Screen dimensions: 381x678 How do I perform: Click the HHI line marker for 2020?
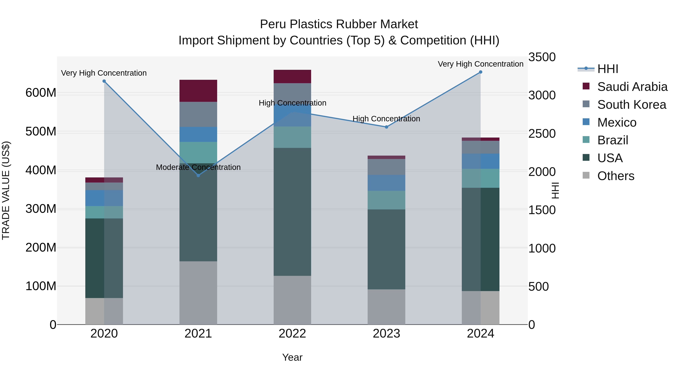(104, 81)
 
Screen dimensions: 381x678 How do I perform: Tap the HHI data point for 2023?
(386, 127)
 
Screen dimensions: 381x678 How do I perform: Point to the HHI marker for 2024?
(481, 72)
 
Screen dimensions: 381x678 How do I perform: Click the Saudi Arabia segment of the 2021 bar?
(198, 91)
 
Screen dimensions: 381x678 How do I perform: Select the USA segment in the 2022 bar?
(292, 212)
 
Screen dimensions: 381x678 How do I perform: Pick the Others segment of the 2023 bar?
(386, 307)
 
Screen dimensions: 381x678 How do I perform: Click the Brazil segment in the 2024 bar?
(481, 178)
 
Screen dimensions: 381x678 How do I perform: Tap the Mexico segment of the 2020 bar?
(104, 198)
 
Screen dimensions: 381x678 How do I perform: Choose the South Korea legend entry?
(631, 105)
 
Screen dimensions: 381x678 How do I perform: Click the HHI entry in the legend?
(607, 69)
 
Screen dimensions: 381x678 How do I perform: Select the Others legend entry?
(616, 176)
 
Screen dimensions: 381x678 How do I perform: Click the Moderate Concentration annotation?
(198, 167)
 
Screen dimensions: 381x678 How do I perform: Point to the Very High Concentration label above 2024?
(481, 64)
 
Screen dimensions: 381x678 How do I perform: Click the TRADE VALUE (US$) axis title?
(6, 190)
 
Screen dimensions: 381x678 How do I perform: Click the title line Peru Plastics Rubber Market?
(339, 24)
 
